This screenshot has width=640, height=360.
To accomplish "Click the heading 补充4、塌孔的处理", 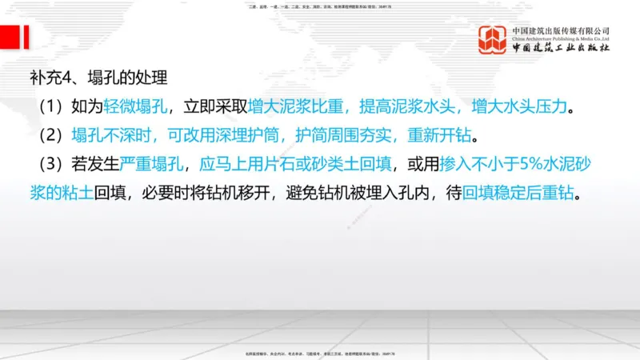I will point(98,78).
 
